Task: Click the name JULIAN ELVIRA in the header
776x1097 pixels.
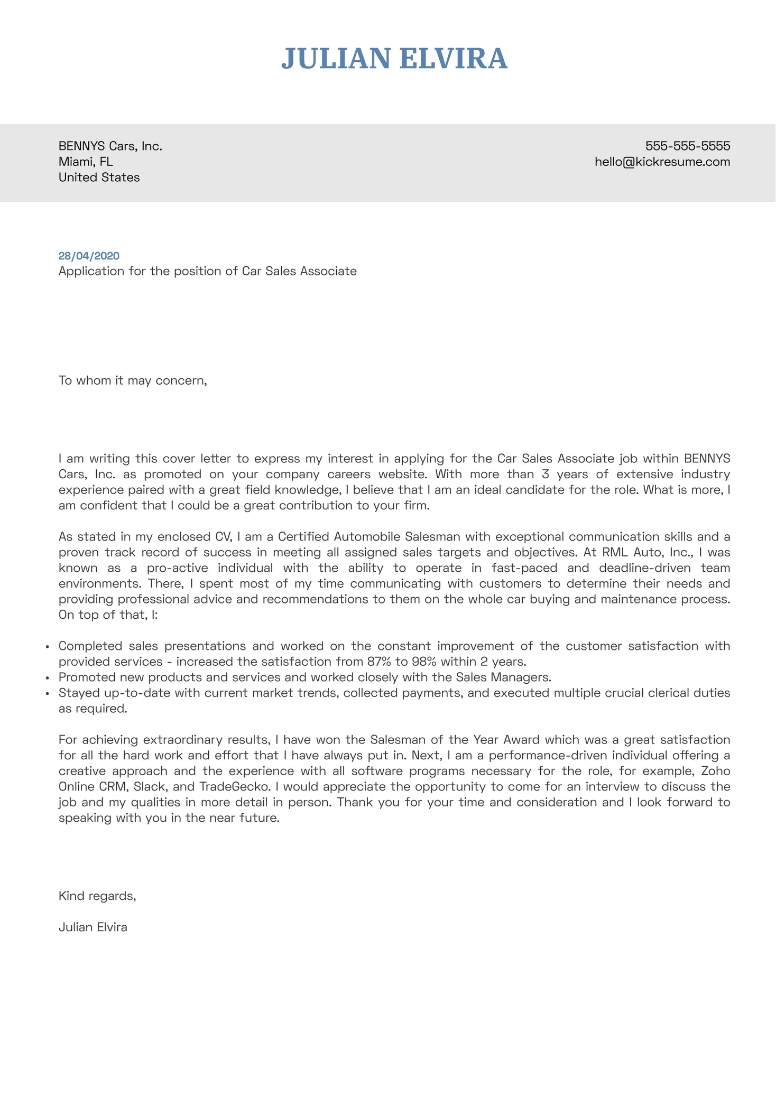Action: [394, 59]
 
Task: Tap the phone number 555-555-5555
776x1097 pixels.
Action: [687, 146]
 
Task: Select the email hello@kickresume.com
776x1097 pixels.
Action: [662, 162]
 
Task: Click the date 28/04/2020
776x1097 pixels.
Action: [89, 256]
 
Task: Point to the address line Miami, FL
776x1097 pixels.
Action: [86, 162]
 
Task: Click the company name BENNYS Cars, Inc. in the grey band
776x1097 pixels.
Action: [110, 146]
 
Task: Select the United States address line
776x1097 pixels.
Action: [99, 178]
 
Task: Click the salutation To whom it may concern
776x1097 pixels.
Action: [132, 380]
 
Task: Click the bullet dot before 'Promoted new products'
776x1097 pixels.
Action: [48, 678]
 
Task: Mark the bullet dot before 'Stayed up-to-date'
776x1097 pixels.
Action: [48, 693]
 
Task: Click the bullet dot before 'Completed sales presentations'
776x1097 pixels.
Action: [48, 647]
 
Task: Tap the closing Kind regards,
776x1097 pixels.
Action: [97, 896]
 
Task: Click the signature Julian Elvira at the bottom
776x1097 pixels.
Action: [93, 927]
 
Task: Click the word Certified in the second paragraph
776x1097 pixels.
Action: [303, 537]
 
